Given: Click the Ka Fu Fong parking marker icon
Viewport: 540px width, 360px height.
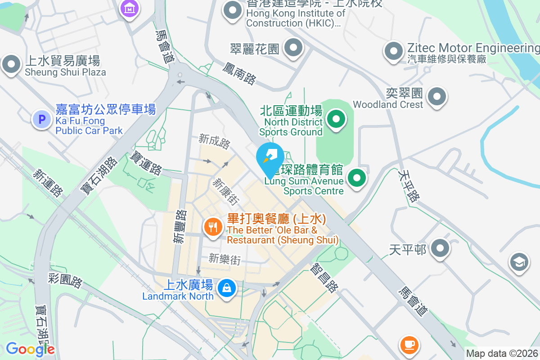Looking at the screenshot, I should [x=41, y=119].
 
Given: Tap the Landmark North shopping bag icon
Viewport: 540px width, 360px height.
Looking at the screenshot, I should [x=226, y=288].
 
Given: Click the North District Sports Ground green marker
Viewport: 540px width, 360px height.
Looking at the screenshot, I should [x=335, y=119].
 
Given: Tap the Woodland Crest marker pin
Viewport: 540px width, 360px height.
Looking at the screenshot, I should [x=436, y=96].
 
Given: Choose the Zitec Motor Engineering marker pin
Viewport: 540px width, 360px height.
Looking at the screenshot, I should [x=394, y=51].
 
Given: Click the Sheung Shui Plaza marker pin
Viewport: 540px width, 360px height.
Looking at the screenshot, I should [x=11, y=64].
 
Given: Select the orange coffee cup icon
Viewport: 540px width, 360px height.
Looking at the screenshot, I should [x=409, y=345].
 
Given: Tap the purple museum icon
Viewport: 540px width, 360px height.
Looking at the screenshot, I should [x=130, y=8].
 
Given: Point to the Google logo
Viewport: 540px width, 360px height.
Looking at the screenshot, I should [x=30, y=349].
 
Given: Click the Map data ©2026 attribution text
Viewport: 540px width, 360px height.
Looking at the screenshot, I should [x=501, y=354].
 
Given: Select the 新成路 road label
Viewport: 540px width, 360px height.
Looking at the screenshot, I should [x=215, y=142].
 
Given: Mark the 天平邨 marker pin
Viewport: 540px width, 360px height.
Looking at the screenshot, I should [x=440, y=248].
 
